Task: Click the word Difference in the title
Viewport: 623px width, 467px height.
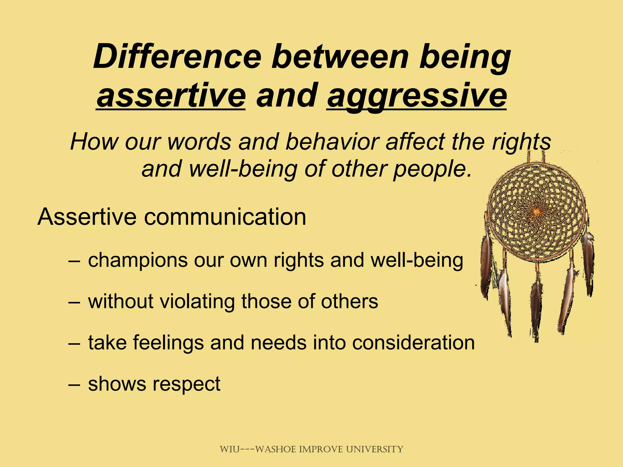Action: pyautogui.click(x=177, y=57)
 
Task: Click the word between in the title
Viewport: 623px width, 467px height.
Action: pyautogui.click(x=340, y=57)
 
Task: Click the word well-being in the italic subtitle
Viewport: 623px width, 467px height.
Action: pyautogui.click(x=243, y=169)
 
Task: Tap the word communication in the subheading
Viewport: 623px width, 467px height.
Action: pyautogui.click(x=225, y=217)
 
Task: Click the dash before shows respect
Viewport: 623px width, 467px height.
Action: pyautogui.click(x=75, y=384)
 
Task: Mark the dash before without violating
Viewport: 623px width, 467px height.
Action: pyautogui.click(x=75, y=302)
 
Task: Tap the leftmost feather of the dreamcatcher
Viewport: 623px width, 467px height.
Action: pyautogui.click(x=486, y=265)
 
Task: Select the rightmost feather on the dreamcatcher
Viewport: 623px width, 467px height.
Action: pyautogui.click(x=588, y=261)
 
